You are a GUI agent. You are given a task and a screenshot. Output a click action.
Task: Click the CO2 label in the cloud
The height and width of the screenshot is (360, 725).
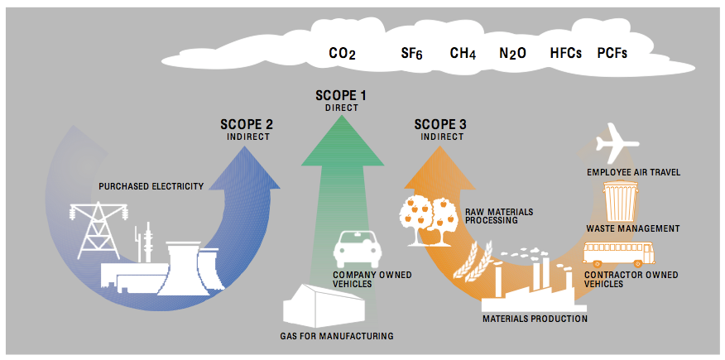coord(342,54)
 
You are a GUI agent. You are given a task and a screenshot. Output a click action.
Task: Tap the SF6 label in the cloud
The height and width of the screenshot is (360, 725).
coord(411,54)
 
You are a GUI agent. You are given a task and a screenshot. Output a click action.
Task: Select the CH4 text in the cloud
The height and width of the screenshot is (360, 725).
coord(463,54)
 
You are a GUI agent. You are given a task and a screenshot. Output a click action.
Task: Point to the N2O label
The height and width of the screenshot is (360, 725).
coord(512,54)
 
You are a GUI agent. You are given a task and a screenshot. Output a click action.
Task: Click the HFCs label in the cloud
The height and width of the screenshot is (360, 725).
coord(565,53)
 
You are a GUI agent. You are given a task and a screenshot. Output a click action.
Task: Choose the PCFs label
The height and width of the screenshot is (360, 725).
coord(612,53)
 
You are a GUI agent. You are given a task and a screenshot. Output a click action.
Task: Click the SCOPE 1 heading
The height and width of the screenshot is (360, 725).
coord(341,96)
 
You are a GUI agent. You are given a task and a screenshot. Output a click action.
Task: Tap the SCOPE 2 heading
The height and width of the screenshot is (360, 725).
coord(247,125)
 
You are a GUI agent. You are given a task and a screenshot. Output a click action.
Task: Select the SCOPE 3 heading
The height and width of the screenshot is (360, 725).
coord(440,125)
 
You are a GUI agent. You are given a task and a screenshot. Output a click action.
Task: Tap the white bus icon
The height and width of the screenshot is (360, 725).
coord(619,254)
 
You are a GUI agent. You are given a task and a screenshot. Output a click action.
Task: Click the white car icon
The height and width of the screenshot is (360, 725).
coord(358,250)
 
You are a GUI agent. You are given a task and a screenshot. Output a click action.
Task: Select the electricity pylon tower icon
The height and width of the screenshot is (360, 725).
coord(96,230)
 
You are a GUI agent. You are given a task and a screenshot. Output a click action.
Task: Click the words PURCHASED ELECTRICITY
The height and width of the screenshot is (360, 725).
coord(151,187)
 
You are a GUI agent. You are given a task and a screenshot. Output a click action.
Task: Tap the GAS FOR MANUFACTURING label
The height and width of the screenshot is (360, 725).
coord(337,336)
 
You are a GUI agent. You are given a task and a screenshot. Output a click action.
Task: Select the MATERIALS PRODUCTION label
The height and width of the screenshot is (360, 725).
coord(535,319)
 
